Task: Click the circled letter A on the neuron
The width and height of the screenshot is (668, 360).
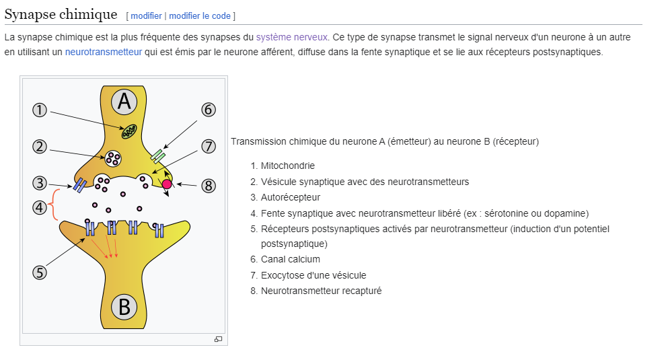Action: [124, 101]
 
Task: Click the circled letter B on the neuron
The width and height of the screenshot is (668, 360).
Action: [124, 307]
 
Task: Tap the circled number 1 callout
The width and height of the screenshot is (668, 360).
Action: [40, 110]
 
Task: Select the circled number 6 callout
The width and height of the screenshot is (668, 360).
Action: [209, 110]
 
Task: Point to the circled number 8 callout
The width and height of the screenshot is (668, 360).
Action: [209, 186]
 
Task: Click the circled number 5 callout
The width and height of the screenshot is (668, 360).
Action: [40, 272]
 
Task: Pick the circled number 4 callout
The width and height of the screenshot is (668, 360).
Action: [40, 207]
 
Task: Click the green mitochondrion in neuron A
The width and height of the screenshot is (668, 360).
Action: [128, 131]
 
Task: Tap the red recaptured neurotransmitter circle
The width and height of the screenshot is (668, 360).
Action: [167, 184]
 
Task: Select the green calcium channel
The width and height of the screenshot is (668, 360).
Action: [158, 156]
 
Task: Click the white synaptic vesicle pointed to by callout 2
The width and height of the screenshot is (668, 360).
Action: [112, 159]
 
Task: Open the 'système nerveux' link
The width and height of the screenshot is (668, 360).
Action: [292, 37]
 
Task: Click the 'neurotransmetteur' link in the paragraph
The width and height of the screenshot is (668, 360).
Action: [103, 52]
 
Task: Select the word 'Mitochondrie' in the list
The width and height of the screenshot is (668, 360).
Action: [287, 166]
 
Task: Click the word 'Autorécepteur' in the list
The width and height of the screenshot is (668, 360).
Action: [291, 197]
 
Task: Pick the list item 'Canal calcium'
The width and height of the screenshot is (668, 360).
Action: [290, 259]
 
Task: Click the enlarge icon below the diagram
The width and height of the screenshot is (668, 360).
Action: [218, 339]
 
